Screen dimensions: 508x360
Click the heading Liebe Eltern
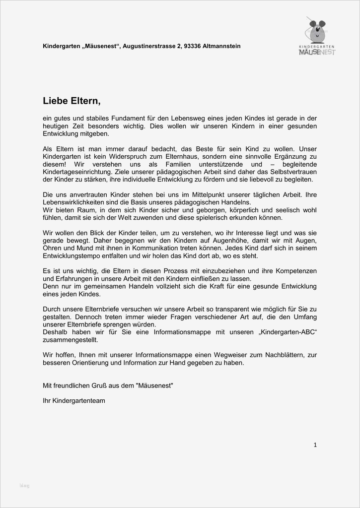pos(72,101)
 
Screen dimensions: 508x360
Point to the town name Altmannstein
pos(221,46)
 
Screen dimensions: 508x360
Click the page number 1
pos(315,445)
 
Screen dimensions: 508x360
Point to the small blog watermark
pos(25,485)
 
